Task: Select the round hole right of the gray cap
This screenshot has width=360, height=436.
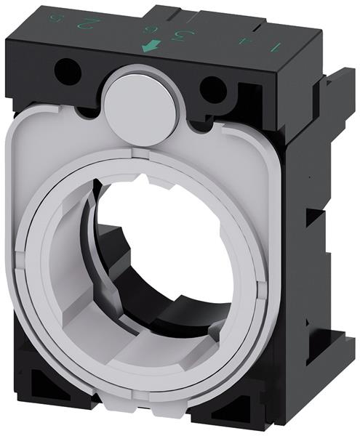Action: coord(212,90)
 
